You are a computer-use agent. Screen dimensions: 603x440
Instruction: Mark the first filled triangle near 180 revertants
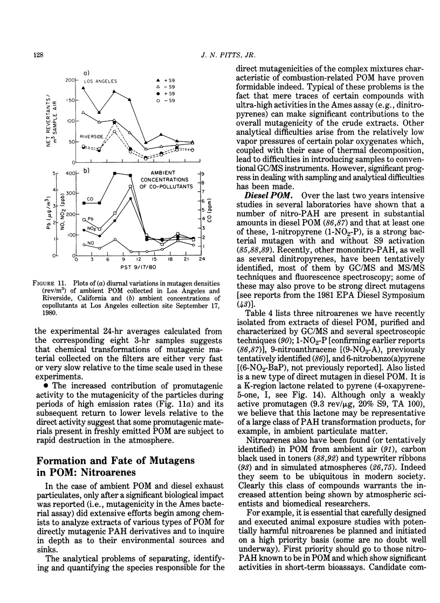pos(84,87)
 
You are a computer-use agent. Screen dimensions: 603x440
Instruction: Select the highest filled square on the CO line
pos(115,173)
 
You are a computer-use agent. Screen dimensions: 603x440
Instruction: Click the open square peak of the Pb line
pos(130,187)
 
